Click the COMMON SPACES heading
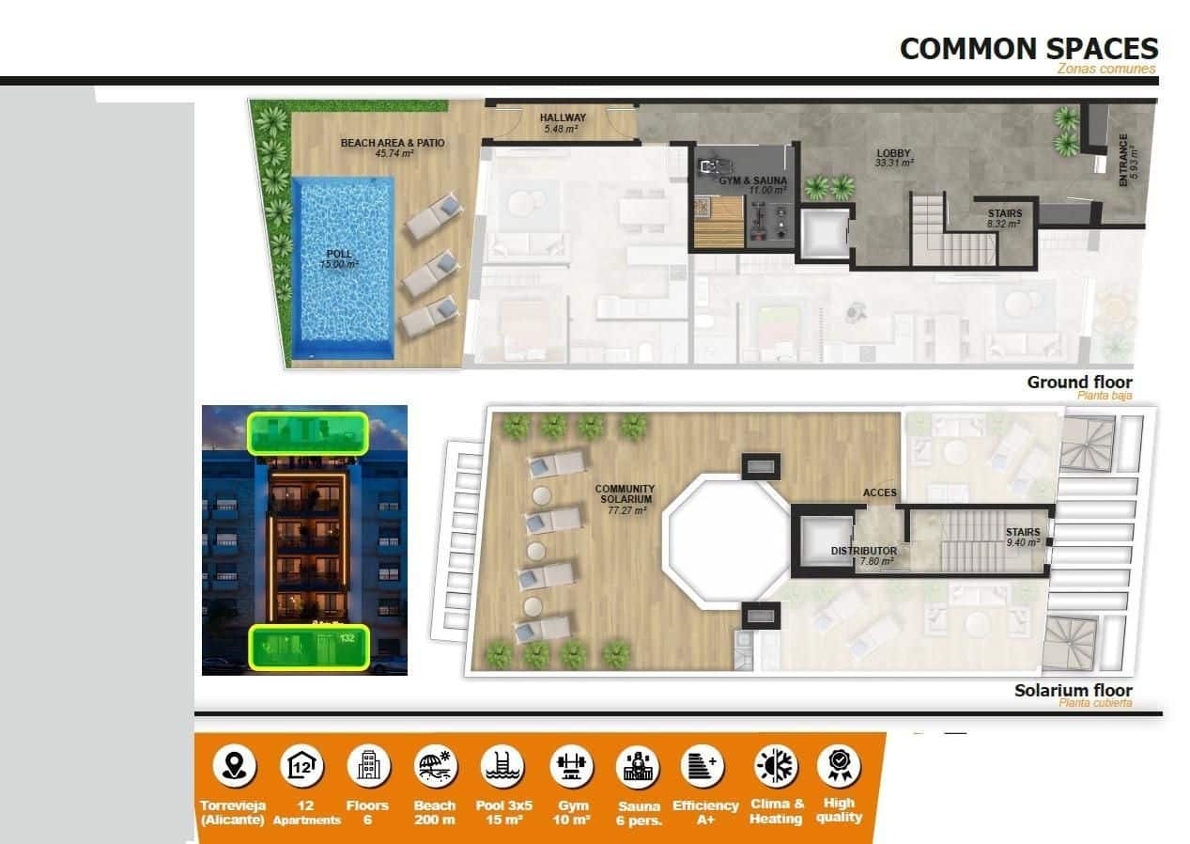pyautogui.click(x=1028, y=49)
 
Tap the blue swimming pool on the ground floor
pyautogui.click(x=342, y=268)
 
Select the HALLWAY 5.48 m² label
pyautogui.click(x=563, y=122)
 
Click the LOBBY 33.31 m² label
pyautogui.click(x=893, y=158)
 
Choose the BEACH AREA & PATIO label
pyautogui.click(x=392, y=148)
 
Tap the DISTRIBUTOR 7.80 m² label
pyautogui.click(x=863, y=555)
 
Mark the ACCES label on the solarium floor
pyautogui.click(x=880, y=492)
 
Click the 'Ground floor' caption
pyautogui.click(x=1079, y=383)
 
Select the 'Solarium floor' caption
pyautogui.click(x=1073, y=691)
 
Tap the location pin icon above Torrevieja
pyautogui.click(x=233, y=766)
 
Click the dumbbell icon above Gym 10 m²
pyautogui.click(x=572, y=766)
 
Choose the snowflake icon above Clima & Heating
pyautogui.click(x=777, y=766)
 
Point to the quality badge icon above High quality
pyautogui.click(x=839, y=766)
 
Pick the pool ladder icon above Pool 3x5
pyautogui.click(x=504, y=766)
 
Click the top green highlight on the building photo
pyautogui.click(x=307, y=432)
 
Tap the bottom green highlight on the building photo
pyautogui.click(x=309, y=647)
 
